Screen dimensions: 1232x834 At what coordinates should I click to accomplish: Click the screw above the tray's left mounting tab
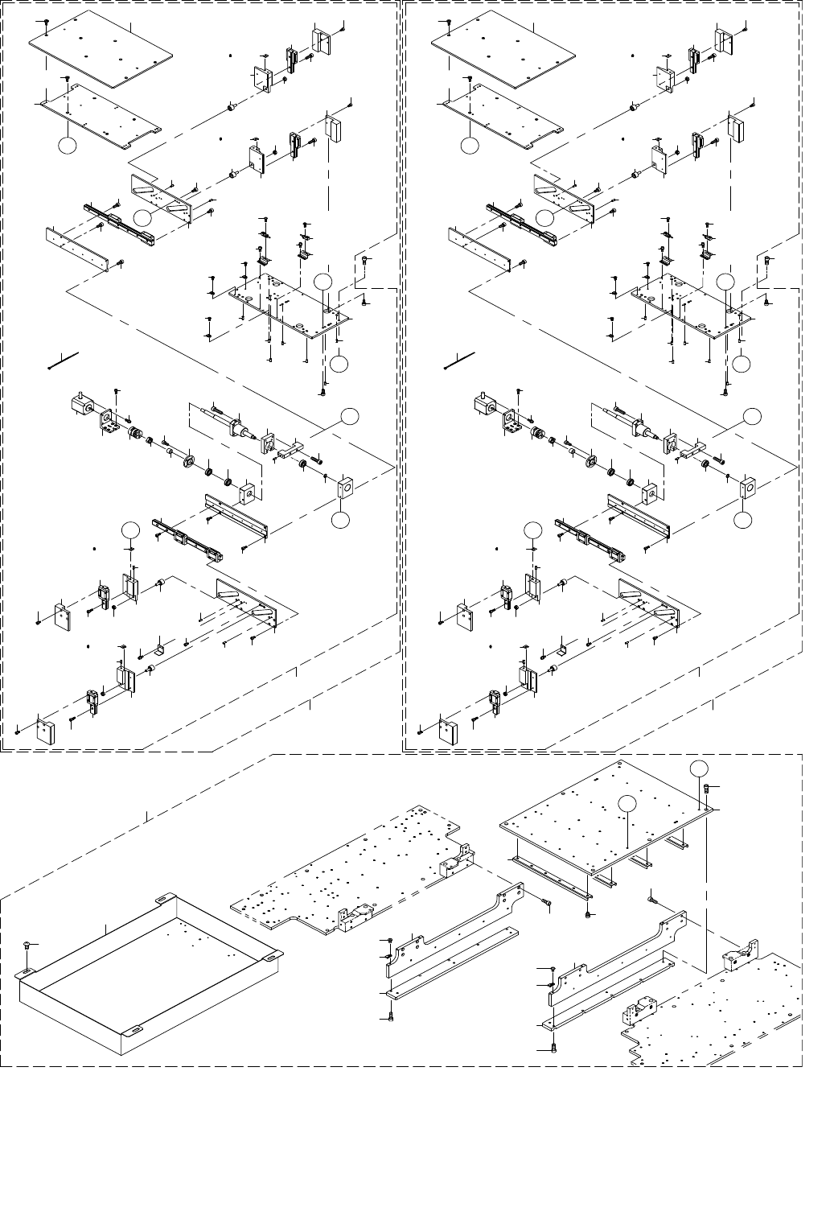(27, 943)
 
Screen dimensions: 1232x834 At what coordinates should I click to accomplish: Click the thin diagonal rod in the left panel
(63, 360)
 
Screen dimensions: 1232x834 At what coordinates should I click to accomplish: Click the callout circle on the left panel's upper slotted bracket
(142, 217)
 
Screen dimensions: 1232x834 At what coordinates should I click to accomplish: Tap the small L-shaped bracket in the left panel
(159, 649)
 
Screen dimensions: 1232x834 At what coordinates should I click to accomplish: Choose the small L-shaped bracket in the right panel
(561, 649)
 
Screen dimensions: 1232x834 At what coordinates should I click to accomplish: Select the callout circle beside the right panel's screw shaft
(752, 415)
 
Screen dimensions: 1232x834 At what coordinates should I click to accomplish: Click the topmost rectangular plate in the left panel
(101, 52)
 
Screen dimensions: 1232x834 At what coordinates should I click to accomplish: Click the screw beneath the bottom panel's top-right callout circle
(706, 788)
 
